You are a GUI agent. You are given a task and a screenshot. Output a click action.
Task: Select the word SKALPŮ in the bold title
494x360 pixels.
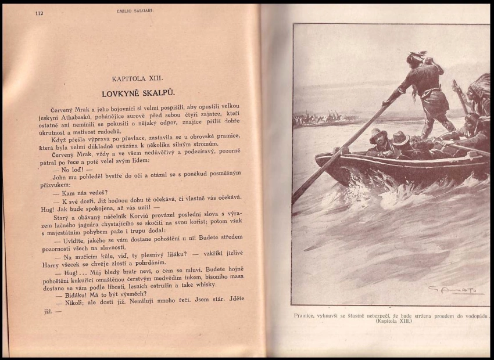coord(157,93)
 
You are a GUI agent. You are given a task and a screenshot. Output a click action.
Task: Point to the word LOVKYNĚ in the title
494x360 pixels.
coord(120,93)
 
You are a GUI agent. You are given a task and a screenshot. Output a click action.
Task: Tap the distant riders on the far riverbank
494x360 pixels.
coord(323,118)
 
